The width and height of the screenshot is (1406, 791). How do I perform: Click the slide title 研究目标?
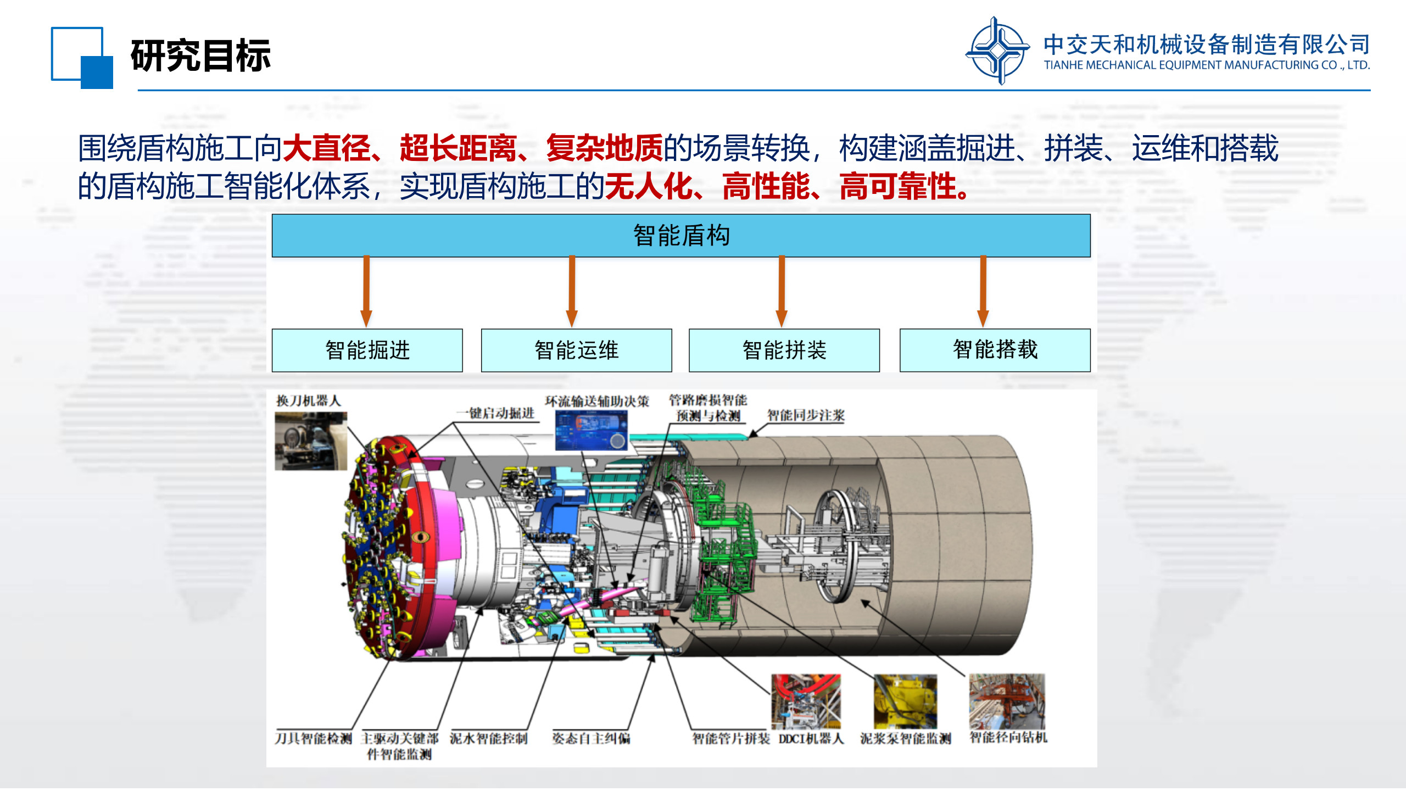pyautogui.click(x=200, y=56)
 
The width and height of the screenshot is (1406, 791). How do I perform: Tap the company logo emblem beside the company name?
pyautogui.click(x=998, y=51)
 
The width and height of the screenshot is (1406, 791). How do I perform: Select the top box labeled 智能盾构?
pyautogui.click(x=681, y=236)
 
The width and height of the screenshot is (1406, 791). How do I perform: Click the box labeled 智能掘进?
pyautogui.click(x=367, y=350)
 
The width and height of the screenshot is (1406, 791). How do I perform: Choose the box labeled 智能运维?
pyautogui.click(x=577, y=350)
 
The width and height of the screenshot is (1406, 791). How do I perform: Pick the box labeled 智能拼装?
pyautogui.click(x=784, y=350)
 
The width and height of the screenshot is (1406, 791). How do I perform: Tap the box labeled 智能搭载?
pyautogui.click(x=995, y=350)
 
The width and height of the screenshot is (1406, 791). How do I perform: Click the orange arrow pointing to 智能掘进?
pyautogui.click(x=366, y=292)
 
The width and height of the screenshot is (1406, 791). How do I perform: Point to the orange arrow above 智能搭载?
pyautogui.click(x=983, y=292)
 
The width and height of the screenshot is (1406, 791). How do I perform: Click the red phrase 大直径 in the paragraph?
pyautogui.click(x=327, y=148)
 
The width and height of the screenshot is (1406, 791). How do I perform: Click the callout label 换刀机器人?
pyautogui.click(x=308, y=400)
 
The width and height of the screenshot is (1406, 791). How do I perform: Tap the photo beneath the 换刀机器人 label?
pyautogui.click(x=311, y=441)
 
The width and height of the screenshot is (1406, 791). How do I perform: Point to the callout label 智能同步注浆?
pyautogui.click(x=806, y=415)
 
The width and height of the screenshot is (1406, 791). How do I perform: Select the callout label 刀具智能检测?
pyautogui.click(x=313, y=738)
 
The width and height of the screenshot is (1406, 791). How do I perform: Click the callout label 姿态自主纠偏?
pyautogui.click(x=591, y=738)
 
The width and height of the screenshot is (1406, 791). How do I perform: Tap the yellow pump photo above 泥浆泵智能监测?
pyautogui.click(x=906, y=702)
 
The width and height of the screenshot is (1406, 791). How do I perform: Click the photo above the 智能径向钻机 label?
pyautogui.click(x=1007, y=701)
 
